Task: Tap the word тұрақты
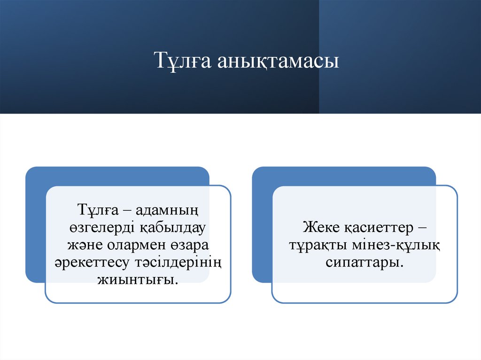(x=317, y=245)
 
